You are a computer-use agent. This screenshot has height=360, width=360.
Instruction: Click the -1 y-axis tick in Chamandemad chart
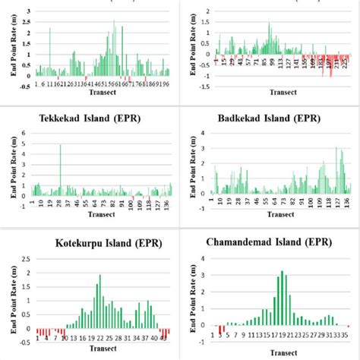pos(199,344)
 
